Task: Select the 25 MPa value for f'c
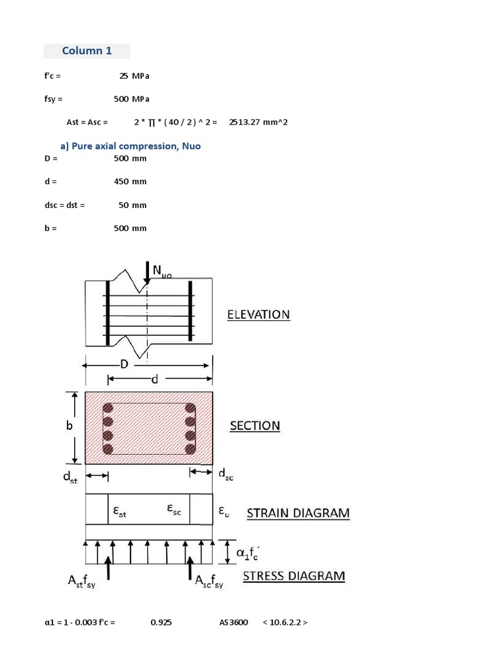pyautogui.click(x=134, y=76)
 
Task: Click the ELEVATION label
pyautogui.click(x=258, y=314)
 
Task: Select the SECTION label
pyautogui.click(x=255, y=426)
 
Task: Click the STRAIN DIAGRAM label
pyautogui.click(x=298, y=513)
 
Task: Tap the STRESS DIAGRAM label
pyautogui.click(x=293, y=576)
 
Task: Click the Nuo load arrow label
pyautogui.click(x=162, y=271)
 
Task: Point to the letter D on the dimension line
pyautogui.click(x=123, y=364)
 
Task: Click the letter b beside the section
pyautogui.click(x=70, y=425)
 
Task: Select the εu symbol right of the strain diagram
pyautogui.click(x=222, y=510)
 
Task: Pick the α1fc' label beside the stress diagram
pyautogui.click(x=248, y=552)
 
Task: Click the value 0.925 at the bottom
pyautogui.click(x=161, y=623)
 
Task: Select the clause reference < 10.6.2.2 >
pyautogui.click(x=285, y=623)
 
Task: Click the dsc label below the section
pyautogui.click(x=225, y=475)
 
